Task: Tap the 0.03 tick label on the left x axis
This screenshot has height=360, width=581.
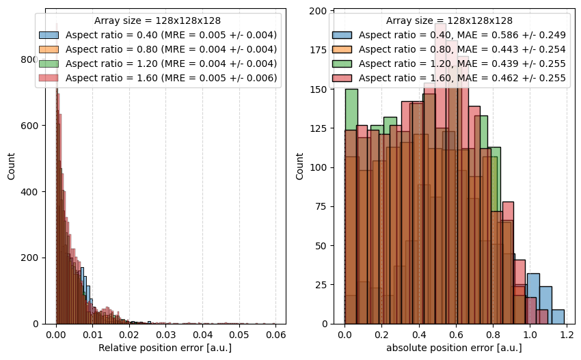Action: (165, 335)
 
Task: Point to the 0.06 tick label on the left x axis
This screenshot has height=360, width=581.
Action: (275, 335)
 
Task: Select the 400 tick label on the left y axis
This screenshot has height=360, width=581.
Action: (30, 192)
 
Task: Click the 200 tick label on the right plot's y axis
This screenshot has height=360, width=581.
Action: (318, 11)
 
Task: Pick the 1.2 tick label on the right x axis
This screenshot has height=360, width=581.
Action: (567, 335)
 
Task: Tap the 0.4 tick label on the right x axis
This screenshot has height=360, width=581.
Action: (419, 335)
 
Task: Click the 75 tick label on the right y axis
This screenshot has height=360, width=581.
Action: (321, 206)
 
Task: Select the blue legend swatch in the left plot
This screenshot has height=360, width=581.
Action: (49, 36)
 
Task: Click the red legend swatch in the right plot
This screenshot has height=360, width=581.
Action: (342, 78)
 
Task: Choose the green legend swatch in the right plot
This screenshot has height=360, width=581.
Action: (342, 64)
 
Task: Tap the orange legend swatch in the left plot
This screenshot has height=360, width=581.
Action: (49, 50)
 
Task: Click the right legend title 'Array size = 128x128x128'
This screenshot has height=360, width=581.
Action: (449, 20)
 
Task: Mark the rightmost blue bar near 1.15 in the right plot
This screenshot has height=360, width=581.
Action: (558, 317)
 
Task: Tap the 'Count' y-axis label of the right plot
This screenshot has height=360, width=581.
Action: (299, 166)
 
